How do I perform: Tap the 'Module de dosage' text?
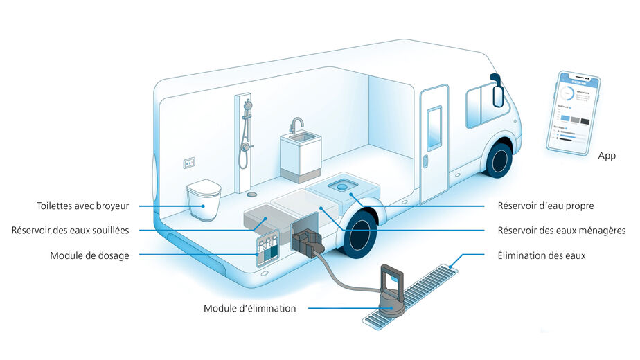[x=89, y=255]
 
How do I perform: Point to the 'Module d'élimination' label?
[x=249, y=308]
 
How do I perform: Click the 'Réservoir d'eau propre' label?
[x=546, y=206]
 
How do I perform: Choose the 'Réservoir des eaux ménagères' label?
[x=562, y=231]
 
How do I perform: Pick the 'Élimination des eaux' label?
[x=542, y=255]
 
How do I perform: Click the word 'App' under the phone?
[x=607, y=156]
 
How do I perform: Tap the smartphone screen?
[x=571, y=111]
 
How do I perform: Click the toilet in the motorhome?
[x=204, y=199]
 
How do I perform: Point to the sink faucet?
[x=296, y=125]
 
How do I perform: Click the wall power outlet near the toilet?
[x=189, y=163]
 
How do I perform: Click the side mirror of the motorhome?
[x=495, y=90]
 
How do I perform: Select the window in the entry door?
[x=434, y=127]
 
